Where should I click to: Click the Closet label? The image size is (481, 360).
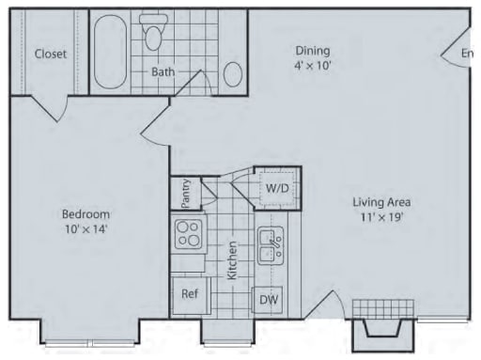pos(51,54)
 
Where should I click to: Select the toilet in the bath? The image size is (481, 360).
pos(154,35)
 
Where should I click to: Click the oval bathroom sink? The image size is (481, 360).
pos(234,73)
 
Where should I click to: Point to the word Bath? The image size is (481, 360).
pos(163,71)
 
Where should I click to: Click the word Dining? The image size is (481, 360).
pos(313,51)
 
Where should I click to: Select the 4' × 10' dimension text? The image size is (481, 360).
pos(313,66)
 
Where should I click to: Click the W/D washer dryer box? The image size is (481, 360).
pos(277,187)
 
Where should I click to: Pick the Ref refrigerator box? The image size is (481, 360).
pos(190,293)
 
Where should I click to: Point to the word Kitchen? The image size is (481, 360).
pos(231,260)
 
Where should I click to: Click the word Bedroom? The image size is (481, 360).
pos(85,213)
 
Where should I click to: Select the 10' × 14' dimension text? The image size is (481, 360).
pos(85,228)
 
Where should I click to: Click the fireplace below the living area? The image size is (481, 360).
pos(383,325)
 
